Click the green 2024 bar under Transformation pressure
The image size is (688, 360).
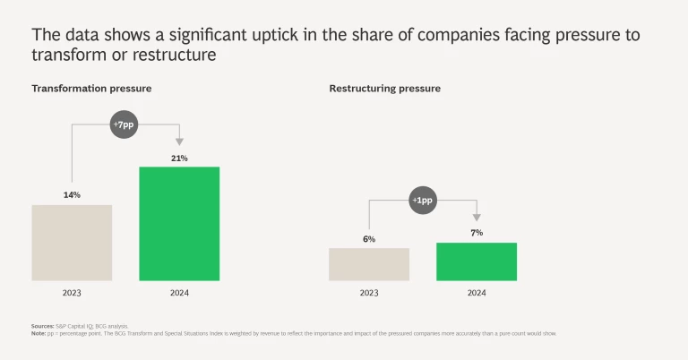(179, 223)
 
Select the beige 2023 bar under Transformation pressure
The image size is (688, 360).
(72, 243)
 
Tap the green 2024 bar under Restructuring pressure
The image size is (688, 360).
(477, 261)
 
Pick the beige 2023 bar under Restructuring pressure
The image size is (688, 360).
(369, 264)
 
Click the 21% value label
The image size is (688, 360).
(179, 158)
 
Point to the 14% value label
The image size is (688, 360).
(72, 194)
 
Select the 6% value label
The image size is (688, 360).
(369, 238)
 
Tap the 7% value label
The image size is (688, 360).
(477, 233)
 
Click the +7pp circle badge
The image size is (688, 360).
(125, 125)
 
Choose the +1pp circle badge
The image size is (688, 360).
(422, 200)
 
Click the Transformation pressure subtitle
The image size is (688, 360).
(91, 89)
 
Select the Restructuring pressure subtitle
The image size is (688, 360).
(384, 89)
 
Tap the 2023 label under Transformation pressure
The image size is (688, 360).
(72, 293)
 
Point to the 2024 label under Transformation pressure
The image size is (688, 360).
(179, 293)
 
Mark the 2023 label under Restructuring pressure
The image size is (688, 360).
(369, 293)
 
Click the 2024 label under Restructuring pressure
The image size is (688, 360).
(477, 293)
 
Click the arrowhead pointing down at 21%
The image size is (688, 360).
(179, 141)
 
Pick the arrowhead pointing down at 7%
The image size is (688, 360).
(477, 217)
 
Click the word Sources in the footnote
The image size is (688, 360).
(43, 326)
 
